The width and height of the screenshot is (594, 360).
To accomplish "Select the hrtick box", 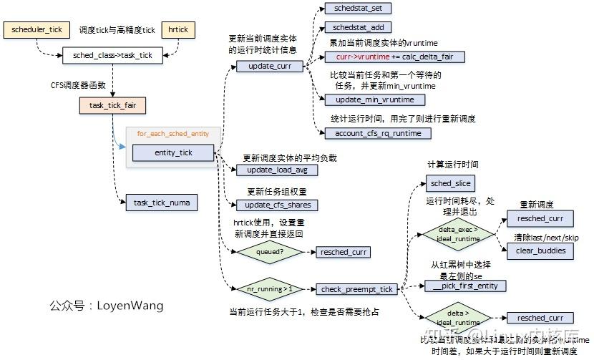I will click(178, 31).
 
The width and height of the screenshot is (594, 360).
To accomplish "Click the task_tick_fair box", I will click(112, 106).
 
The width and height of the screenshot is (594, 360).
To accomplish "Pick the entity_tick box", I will click(172, 152).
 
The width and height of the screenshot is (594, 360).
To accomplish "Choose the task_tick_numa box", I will click(161, 203).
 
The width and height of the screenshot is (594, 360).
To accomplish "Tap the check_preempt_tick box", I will click(356, 289).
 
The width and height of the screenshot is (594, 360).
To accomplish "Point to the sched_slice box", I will click(450, 183).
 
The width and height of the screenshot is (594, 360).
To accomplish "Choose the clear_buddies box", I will click(540, 250).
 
